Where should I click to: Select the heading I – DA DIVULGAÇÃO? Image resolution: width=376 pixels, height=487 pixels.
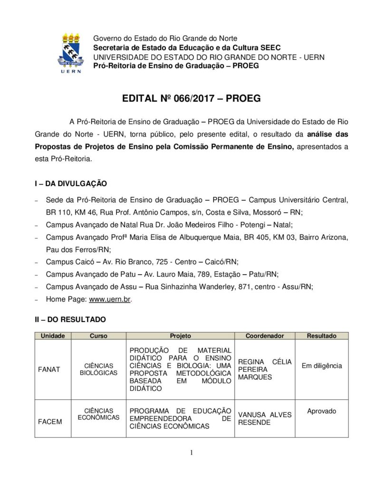70,183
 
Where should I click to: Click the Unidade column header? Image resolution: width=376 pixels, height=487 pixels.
53,336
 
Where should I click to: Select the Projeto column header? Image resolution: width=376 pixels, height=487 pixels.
180,336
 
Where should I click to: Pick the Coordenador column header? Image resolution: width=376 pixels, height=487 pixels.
265,336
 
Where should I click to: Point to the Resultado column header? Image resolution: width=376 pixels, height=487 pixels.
321,336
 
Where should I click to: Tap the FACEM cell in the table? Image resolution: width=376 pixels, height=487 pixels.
49,421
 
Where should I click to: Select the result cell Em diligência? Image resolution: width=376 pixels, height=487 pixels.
321,366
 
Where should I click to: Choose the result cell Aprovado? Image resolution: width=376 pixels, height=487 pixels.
321,411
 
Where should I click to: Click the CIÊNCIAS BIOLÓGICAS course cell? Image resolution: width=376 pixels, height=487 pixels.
98,370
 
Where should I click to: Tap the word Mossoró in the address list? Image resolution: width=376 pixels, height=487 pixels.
271,212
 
